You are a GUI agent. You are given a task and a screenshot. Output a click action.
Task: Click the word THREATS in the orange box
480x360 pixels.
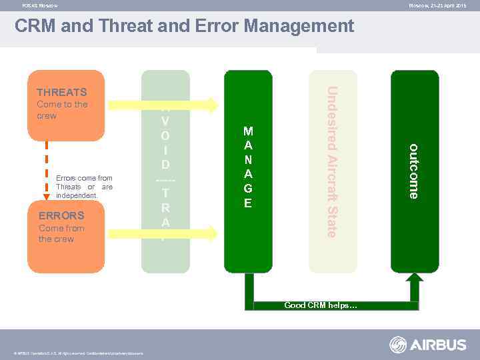62,93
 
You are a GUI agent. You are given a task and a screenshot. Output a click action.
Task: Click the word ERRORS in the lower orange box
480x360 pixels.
61,215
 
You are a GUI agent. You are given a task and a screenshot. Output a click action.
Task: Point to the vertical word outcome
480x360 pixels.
414,171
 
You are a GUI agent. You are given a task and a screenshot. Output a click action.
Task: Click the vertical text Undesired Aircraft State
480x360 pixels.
331,162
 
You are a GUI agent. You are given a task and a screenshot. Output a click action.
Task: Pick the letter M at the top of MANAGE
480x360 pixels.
248,131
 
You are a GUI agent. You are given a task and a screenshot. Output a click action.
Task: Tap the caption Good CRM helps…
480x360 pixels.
321,305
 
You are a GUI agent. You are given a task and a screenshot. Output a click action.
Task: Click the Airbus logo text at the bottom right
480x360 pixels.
438,345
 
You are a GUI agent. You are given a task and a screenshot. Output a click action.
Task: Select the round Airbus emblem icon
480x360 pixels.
398,345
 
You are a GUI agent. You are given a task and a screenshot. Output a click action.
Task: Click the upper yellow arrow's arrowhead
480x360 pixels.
212,105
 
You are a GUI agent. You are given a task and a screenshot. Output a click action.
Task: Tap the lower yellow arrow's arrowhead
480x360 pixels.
212,233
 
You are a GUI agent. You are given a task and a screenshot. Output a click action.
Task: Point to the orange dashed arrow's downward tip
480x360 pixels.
47,198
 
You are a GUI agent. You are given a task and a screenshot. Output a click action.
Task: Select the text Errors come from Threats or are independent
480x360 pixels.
85,187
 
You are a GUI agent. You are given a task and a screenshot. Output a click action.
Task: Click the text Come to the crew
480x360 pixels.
62,110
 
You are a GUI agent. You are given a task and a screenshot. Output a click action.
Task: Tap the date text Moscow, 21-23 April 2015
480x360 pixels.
437,5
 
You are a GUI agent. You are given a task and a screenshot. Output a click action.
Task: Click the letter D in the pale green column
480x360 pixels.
165,163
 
